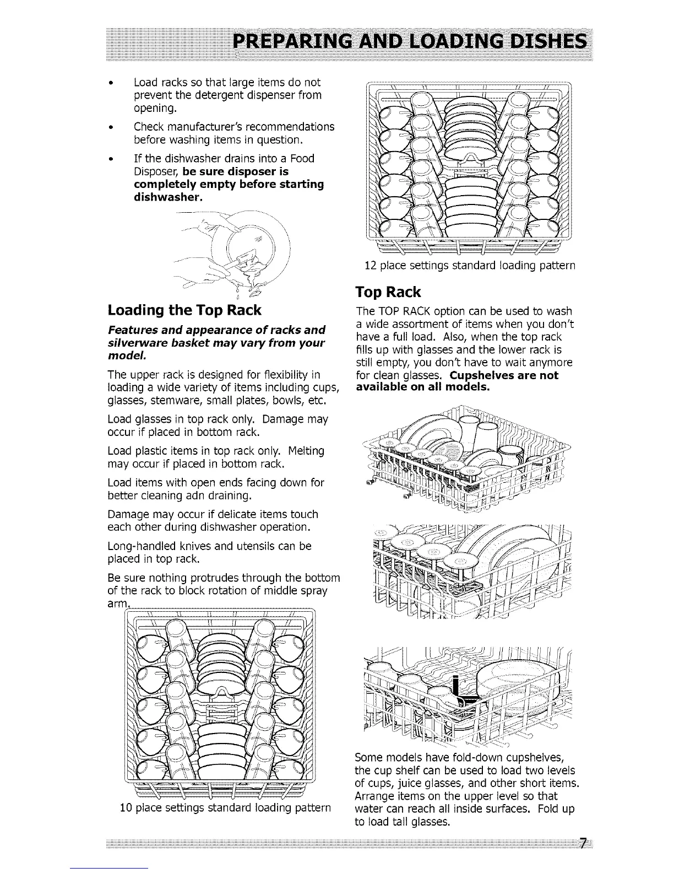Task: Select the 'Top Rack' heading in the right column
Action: coord(388,292)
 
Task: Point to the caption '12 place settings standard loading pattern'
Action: coord(470,265)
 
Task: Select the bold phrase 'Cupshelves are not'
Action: coord(504,375)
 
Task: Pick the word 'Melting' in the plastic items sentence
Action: coord(307,451)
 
